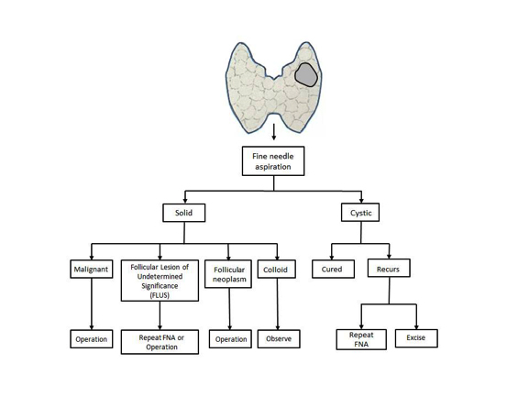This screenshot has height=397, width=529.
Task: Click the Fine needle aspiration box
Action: coord(273,160)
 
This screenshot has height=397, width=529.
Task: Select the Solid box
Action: coord(184,213)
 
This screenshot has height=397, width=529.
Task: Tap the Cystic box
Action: coord(360,212)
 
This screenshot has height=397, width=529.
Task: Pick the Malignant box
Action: coord(92,269)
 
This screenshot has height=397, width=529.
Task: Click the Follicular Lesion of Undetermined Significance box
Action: coord(160,281)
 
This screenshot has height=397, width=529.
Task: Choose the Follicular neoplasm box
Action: coord(228,274)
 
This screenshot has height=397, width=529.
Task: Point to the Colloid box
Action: coord(277,269)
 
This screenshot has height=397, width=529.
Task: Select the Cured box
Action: coord(334,269)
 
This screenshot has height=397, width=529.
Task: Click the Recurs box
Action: coord(389,268)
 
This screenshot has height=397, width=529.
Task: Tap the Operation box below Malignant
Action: coord(92,338)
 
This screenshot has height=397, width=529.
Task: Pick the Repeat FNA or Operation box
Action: coord(160,342)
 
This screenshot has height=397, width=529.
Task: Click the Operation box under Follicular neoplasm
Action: coord(230,338)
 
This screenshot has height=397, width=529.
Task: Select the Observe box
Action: coord(279,338)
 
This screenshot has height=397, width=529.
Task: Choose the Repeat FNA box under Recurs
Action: coord(361,339)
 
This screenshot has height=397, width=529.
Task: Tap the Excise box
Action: coord(416,338)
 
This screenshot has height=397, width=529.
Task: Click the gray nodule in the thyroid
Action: coord(306,75)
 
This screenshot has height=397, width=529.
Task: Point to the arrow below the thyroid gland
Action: coord(274,132)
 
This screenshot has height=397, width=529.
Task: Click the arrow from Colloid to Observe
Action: coord(278,303)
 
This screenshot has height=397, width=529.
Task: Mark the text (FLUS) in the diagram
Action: coord(160,295)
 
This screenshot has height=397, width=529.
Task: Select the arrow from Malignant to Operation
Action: coord(92,303)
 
